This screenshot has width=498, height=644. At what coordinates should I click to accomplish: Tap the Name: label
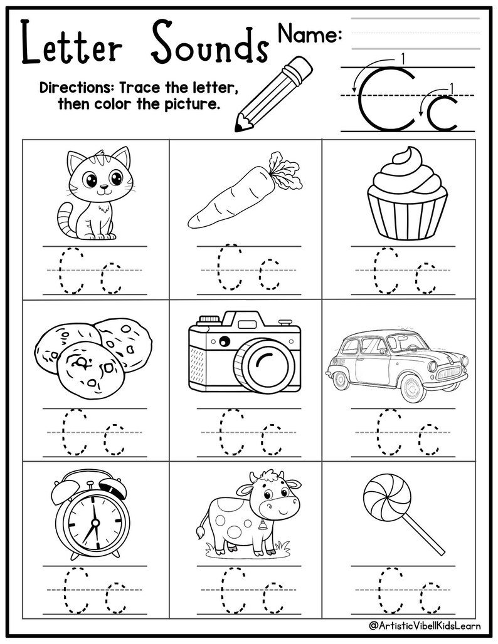coord(309,34)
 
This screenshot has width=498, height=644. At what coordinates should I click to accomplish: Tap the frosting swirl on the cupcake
coord(407,167)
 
